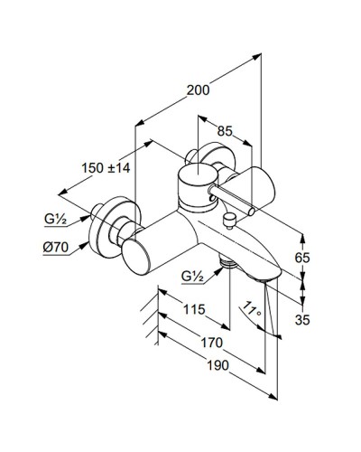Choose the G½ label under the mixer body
click(x=192, y=276)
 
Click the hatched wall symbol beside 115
click(x=148, y=312)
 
